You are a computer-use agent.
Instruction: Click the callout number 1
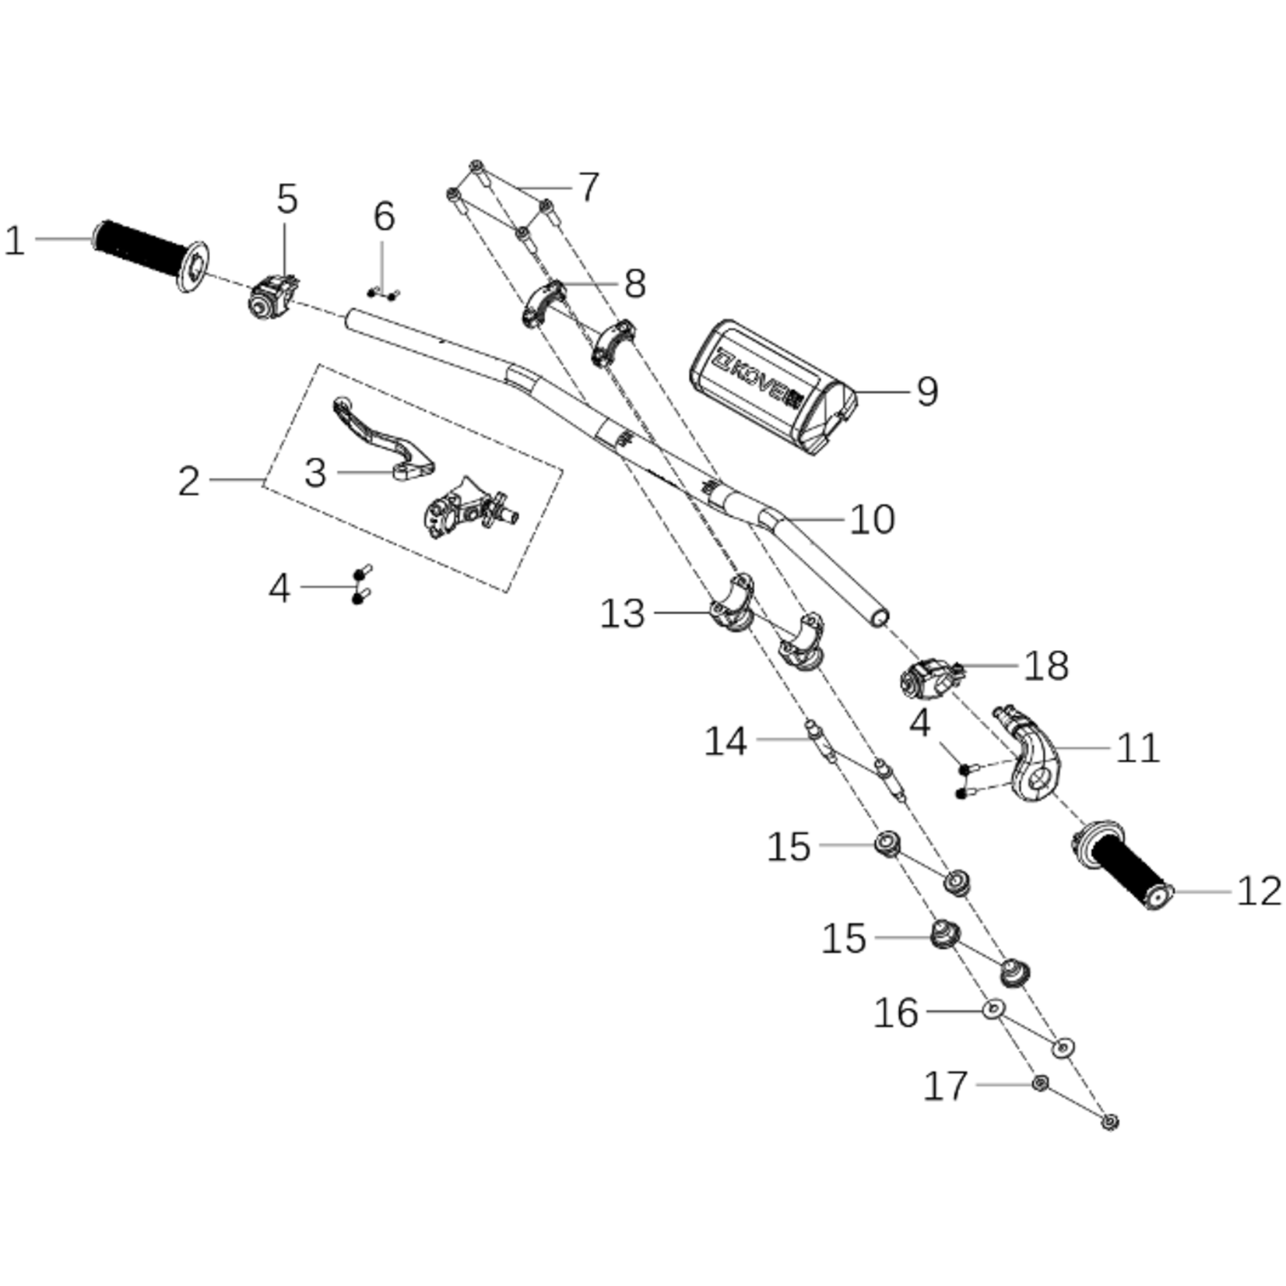click(x=16, y=241)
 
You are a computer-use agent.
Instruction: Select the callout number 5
click(x=287, y=199)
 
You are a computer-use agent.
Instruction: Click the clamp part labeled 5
click(x=273, y=297)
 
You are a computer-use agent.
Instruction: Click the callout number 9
click(x=927, y=391)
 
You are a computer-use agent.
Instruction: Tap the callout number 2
click(x=189, y=481)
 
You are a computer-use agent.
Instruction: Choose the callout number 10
click(x=873, y=519)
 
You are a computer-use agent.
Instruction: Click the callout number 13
click(x=623, y=614)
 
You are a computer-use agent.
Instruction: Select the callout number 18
click(x=1047, y=666)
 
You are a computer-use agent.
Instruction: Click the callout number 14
click(x=726, y=741)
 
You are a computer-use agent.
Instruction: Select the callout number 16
click(x=897, y=1013)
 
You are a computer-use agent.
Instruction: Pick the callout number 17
click(x=946, y=1085)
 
